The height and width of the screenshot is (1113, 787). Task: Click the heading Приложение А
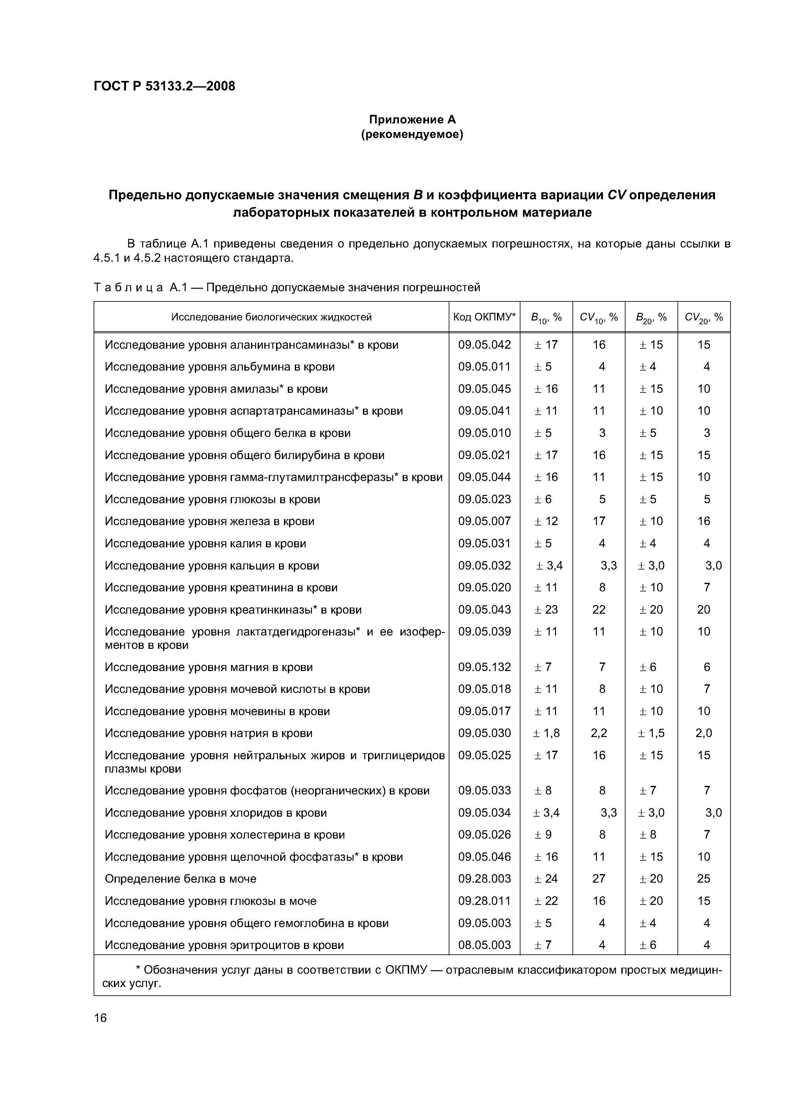coord(412,119)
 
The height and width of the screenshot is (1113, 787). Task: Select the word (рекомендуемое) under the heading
coord(412,134)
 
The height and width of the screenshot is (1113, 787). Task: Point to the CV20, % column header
coord(704,317)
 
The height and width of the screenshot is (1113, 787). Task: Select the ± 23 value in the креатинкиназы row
coord(546,609)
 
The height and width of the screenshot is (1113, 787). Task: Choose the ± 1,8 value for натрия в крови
coord(546,733)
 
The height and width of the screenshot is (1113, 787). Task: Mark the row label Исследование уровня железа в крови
coord(209,521)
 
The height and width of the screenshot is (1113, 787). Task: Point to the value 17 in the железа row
coord(599,521)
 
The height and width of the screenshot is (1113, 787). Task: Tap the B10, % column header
coord(546,317)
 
